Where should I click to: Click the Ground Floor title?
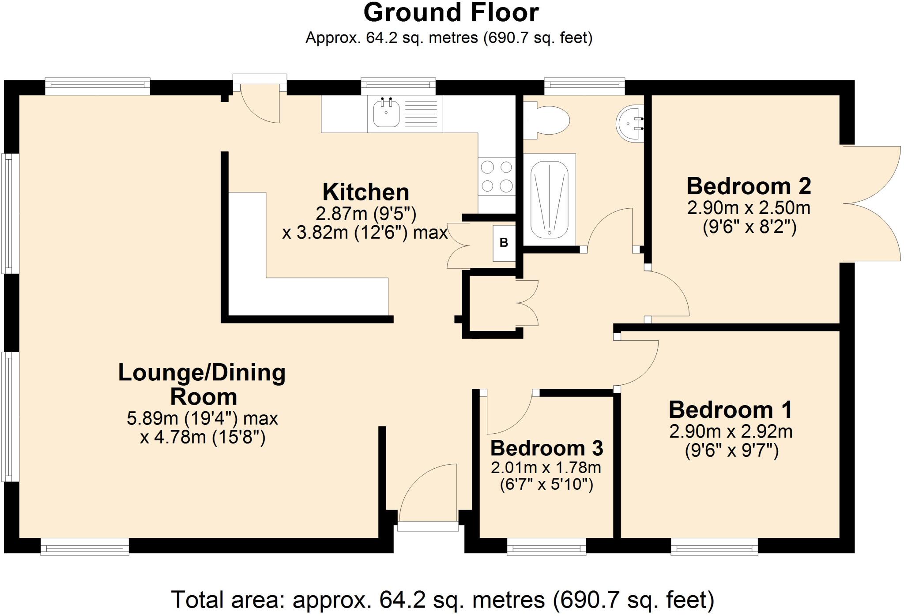click(451, 12)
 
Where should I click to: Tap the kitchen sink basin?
click(386, 113)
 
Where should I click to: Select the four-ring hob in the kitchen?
click(497, 177)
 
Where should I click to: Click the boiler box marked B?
click(504, 243)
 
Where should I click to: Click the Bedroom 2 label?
click(749, 186)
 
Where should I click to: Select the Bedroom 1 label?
click(731, 410)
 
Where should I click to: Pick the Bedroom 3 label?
click(546, 448)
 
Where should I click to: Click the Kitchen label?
click(365, 192)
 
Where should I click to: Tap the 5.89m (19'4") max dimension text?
click(202, 418)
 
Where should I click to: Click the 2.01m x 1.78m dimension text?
click(546, 467)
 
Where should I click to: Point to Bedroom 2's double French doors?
click(872, 204)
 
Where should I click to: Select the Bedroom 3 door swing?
click(508, 413)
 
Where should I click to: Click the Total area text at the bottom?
click(442, 600)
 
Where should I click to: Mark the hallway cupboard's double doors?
click(527, 303)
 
